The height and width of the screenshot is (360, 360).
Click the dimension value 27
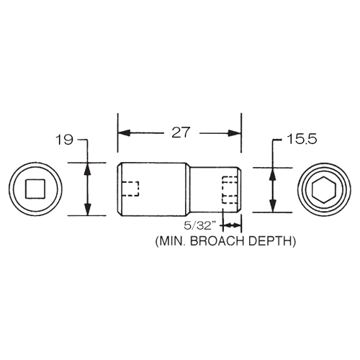(x=181, y=132)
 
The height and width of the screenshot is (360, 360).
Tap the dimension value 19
(x=64, y=140)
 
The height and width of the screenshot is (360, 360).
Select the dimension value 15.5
(x=302, y=139)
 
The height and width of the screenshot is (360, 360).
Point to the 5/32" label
(x=198, y=225)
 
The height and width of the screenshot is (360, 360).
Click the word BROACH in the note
(x=218, y=241)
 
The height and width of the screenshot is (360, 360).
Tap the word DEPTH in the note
(x=272, y=241)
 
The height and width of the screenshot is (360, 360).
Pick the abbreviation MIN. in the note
(x=171, y=241)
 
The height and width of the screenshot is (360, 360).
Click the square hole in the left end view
(x=35, y=189)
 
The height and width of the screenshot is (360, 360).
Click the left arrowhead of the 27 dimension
(x=125, y=133)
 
